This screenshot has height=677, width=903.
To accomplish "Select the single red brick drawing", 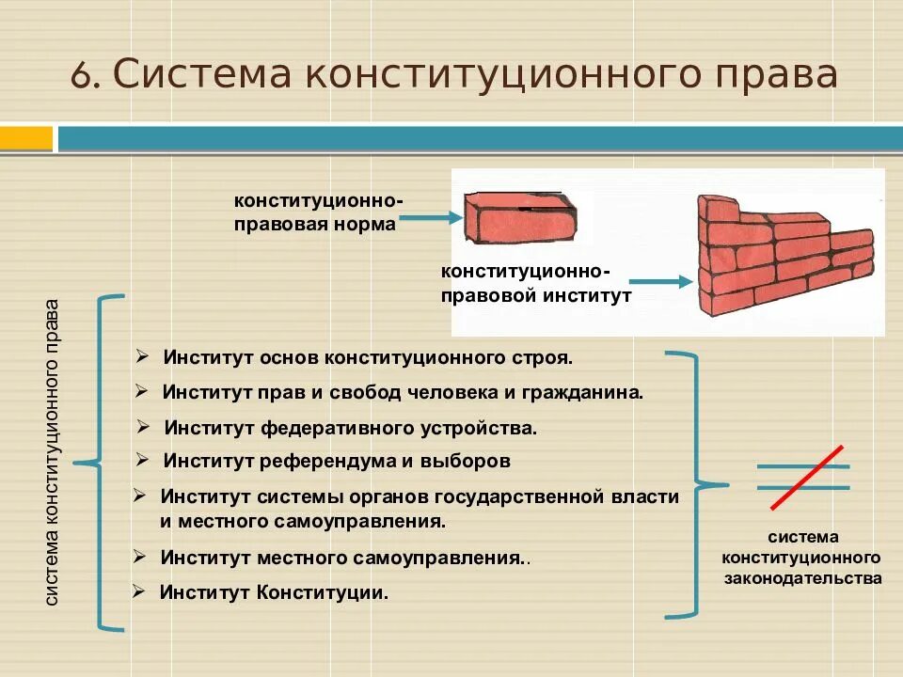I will pos(520,218).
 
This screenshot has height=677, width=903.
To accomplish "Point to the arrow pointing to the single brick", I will pos(432,218).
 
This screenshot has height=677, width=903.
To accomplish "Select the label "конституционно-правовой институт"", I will pos(535,283).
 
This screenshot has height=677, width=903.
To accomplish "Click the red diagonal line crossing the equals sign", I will pos(806,478).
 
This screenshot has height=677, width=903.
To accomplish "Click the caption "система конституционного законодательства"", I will pos(802,558).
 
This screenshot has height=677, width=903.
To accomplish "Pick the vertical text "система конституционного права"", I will pos(53,451).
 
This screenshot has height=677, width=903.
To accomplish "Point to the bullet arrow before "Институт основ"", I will pos(141,357).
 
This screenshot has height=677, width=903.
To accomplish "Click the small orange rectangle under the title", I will pos(26,139).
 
